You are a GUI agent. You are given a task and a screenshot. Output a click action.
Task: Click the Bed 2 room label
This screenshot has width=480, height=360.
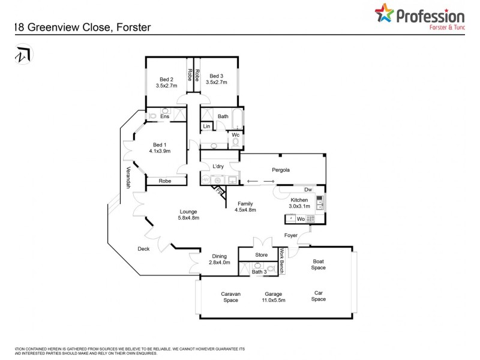point(166,82)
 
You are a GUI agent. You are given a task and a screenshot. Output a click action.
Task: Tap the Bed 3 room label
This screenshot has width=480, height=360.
point(217,79)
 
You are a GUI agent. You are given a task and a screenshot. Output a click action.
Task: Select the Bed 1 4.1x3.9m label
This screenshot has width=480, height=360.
point(161,148)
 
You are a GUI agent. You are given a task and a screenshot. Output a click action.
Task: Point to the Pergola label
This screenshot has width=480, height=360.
point(280,170)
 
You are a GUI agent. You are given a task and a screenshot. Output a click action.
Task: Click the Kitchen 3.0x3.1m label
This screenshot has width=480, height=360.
point(299,203)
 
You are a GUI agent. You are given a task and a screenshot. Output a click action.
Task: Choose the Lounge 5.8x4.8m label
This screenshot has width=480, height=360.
point(188,215)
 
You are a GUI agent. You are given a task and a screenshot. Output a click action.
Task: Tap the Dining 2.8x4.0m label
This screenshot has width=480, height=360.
point(218,260)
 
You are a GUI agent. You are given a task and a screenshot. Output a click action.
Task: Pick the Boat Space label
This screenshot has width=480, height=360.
point(318,265)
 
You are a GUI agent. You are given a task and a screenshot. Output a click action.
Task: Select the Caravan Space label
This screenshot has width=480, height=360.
point(231,297)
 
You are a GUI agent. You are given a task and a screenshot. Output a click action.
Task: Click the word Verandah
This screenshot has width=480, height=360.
point(128,178)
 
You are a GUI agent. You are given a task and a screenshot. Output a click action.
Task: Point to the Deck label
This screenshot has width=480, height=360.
point(143,249)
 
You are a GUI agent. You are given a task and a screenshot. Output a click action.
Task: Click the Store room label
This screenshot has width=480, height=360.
point(261,255)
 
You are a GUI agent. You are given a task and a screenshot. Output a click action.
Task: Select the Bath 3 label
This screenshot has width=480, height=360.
point(259,272)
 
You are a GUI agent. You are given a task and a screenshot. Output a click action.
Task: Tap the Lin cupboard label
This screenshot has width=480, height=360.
point(206,127)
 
